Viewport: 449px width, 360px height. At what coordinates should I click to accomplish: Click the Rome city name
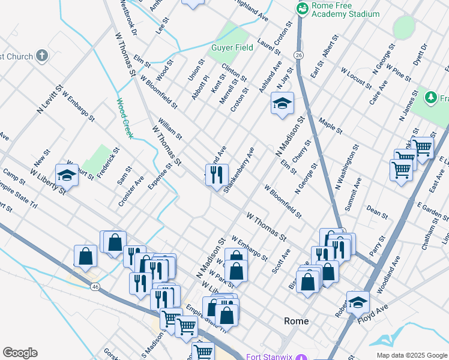pos(296,321)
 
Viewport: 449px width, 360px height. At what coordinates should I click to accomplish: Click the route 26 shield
pos(298,55)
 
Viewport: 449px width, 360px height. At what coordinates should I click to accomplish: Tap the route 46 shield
pos(95,287)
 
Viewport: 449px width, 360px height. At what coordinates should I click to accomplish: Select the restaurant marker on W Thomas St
pos(217,175)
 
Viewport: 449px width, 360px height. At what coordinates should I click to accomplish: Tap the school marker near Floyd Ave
pos(358,302)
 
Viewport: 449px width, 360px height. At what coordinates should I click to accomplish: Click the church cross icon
pos(41,56)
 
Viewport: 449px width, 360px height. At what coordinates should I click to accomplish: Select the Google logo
pos(20,353)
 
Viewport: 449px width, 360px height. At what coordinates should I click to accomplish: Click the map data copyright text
pos(412,355)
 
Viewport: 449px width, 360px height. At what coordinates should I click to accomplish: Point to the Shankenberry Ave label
pos(239,170)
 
